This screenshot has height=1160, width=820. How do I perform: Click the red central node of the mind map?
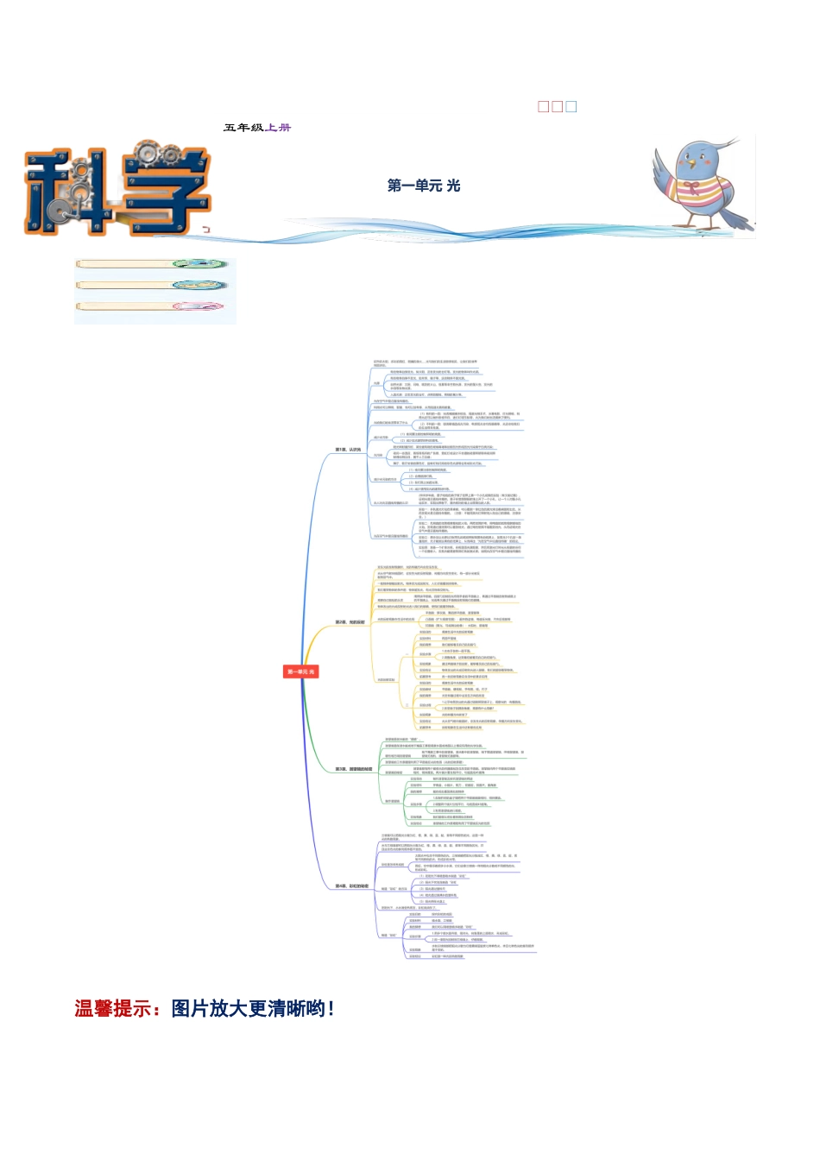click(x=300, y=671)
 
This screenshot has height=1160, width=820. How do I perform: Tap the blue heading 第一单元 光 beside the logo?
click(x=424, y=186)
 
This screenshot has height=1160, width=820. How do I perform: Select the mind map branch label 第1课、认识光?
click(x=349, y=450)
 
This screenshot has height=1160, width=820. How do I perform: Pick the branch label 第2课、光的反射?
click(x=350, y=621)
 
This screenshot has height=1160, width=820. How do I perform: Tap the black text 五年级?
click(x=243, y=128)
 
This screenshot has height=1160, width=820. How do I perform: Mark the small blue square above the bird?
click(x=571, y=107)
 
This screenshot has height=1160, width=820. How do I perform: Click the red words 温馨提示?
click(x=113, y=1008)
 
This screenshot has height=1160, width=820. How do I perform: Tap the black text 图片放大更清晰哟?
click(x=252, y=1008)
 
